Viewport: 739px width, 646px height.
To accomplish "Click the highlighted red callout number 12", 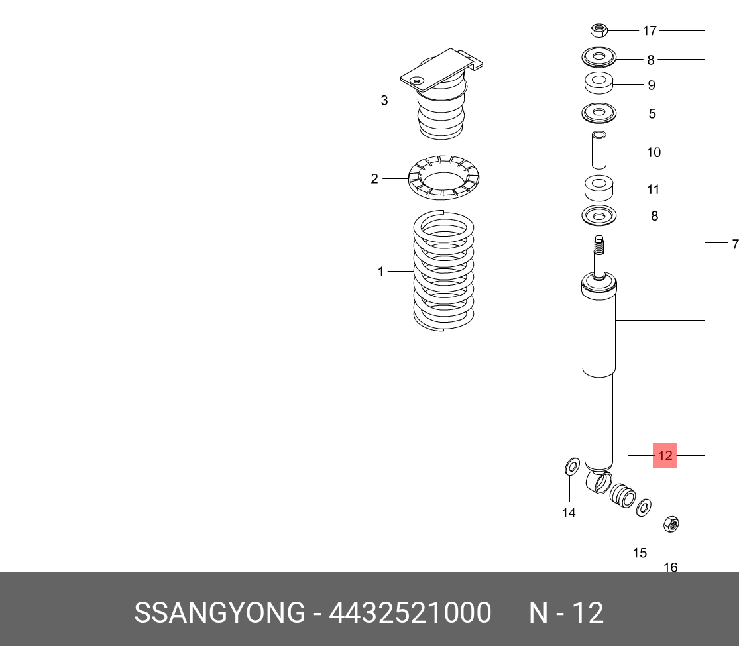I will (x=665, y=455).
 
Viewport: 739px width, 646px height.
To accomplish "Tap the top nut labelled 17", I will (x=598, y=30).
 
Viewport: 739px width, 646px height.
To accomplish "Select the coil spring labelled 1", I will (x=443, y=270).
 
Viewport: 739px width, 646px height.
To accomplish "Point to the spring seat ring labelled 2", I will (x=443, y=178).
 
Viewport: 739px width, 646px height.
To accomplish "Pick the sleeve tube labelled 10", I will (x=598, y=152).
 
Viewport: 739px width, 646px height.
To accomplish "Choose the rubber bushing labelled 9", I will (x=598, y=84).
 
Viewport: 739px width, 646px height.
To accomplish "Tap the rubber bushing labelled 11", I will (x=598, y=188).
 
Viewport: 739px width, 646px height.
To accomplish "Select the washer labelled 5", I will (x=598, y=113).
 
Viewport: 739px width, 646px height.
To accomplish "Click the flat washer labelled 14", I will (x=571, y=467).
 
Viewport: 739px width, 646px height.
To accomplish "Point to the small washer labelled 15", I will (x=642, y=509).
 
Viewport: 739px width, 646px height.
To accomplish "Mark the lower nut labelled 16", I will (x=670, y=525).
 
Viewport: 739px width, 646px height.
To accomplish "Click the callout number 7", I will (x=734, y=244).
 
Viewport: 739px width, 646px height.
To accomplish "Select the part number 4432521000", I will (x=410, y=613).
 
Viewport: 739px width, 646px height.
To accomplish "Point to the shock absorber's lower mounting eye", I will (x=600, y=482).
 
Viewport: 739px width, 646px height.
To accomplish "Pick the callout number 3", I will (x=384, y=101).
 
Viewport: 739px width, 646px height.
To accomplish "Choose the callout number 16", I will (x=670, y=567).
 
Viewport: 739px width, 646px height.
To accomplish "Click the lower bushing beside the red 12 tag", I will (x=622, y=496).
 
